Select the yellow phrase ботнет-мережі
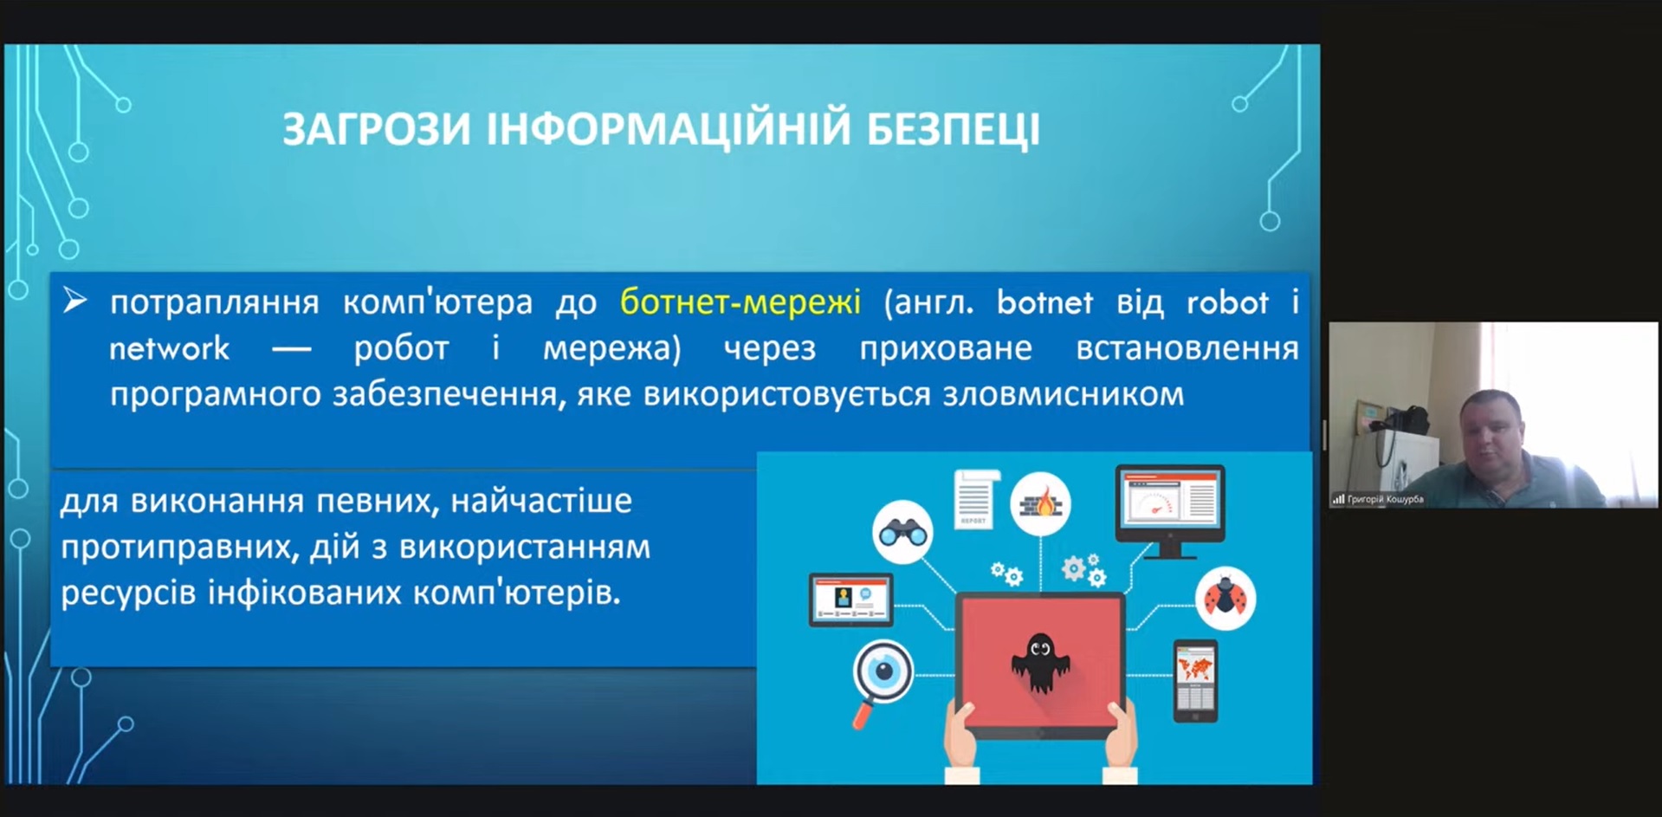[740, 302]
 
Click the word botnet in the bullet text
[1044, 302]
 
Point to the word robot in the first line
[1227, 302]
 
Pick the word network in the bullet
[170, 348]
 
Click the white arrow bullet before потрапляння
[74, 301]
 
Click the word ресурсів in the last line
[128, 593]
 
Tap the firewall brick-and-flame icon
[1040, 503]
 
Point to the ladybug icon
[1225, 599]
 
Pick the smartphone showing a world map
[1195, 681]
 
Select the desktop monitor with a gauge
[1169, 510]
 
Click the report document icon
[974, 498]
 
